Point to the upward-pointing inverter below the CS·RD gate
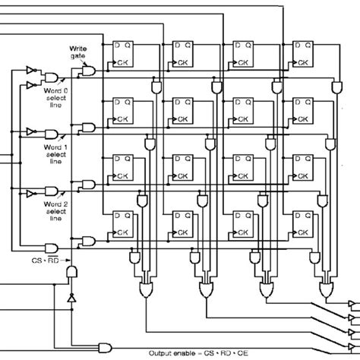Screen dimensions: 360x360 (71, 300)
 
